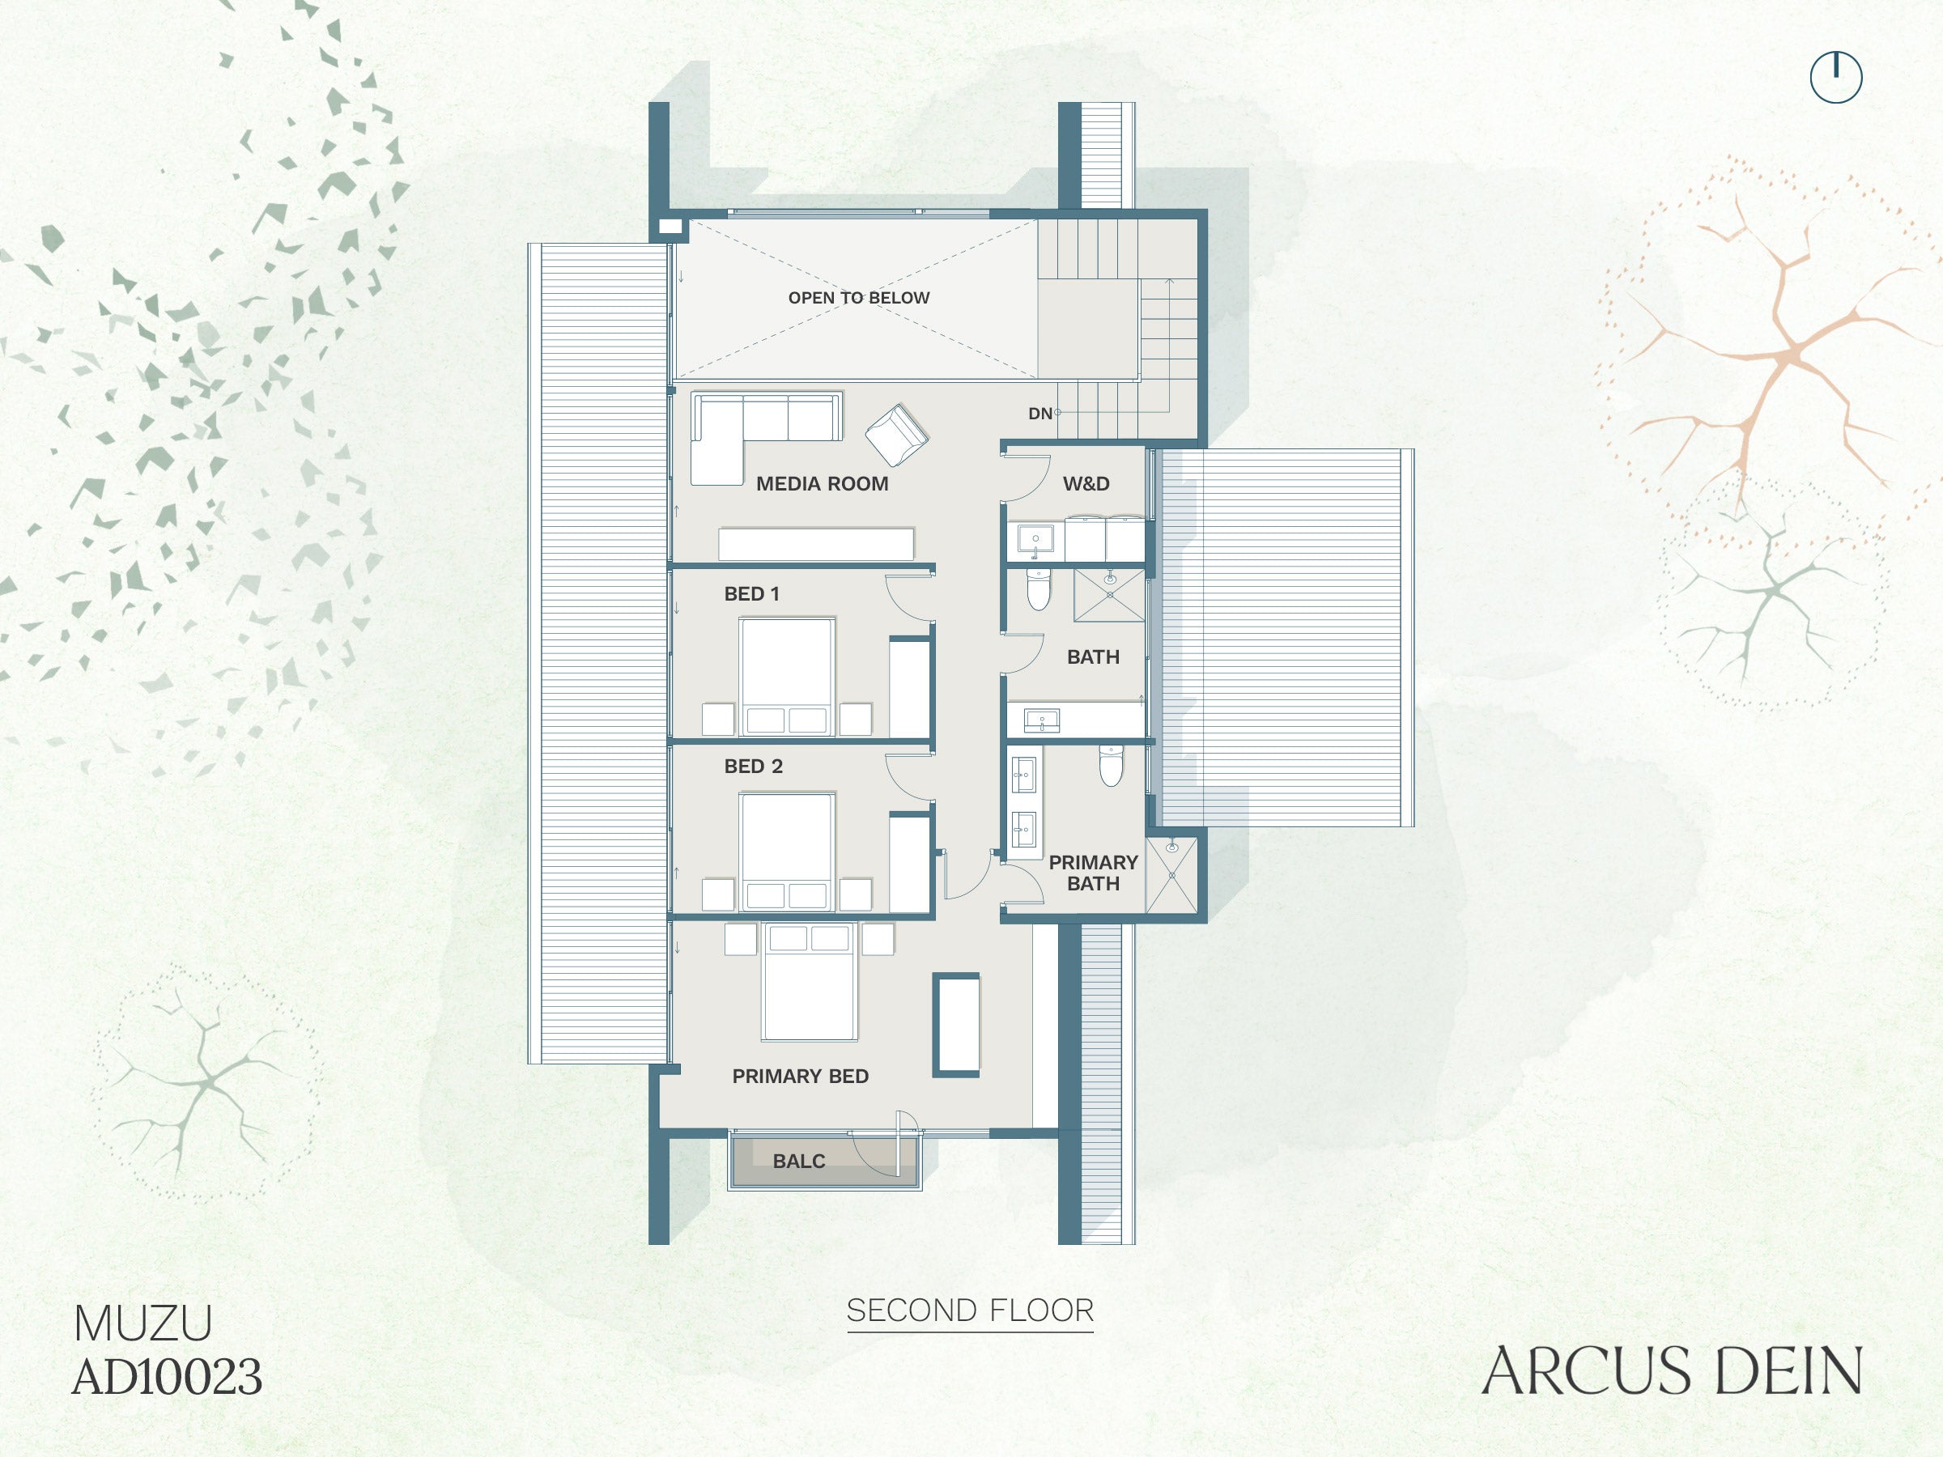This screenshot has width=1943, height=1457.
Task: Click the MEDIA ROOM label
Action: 823,484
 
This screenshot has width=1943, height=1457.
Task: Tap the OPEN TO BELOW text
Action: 858,298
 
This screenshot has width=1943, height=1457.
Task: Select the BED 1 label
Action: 751,593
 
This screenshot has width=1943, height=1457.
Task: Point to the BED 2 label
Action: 753,767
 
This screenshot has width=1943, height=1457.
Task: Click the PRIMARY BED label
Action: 800,1077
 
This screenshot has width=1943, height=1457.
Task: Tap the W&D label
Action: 1086,484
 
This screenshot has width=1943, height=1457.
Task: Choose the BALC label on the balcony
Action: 798,1162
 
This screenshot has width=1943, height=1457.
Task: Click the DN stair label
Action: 1040,414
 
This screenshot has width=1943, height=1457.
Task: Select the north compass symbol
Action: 1836,77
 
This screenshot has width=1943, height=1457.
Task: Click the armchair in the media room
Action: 897,435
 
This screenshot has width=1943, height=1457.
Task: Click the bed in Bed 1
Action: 786,676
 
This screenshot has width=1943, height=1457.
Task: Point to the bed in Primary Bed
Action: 809,982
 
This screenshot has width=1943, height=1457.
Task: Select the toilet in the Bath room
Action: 1038,589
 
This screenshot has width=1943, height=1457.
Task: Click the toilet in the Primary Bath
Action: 1112,766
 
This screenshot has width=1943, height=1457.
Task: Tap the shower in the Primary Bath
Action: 1171,877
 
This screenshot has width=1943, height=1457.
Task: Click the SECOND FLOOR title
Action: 970,1311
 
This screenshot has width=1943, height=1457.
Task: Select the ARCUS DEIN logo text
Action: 1672,1372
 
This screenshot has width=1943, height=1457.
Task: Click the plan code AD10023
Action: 167,1377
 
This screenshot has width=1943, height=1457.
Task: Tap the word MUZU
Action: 142,1323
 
